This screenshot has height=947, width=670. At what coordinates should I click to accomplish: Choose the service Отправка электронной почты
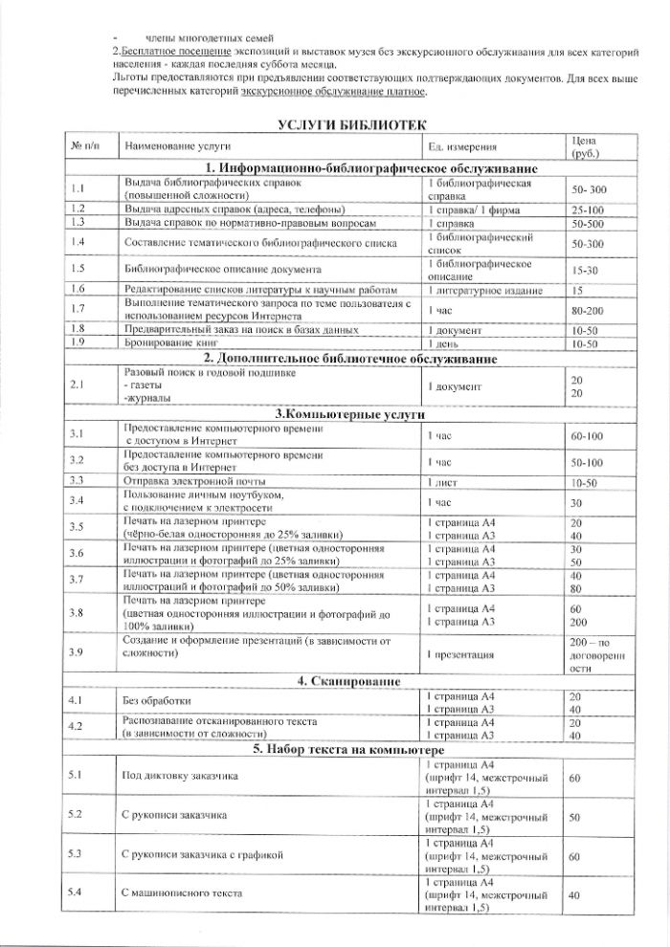click(x=192, y=481)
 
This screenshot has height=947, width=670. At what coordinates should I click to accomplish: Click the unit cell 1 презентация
click(x=460, y=655)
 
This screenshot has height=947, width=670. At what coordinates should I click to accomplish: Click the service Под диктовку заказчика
click(x=179, y=777)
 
